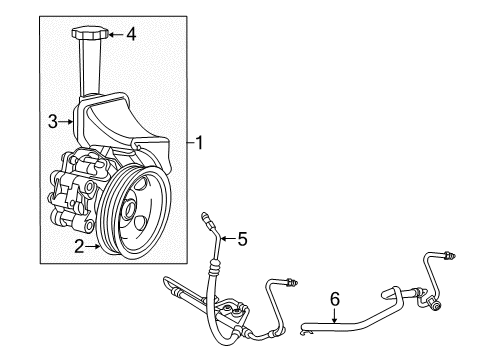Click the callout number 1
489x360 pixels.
(x=200, y=143)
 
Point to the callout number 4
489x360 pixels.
(x=131, y=34)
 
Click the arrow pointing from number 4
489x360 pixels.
(x=113, y=34)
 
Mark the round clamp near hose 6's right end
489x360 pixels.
(x=434, y=299)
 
